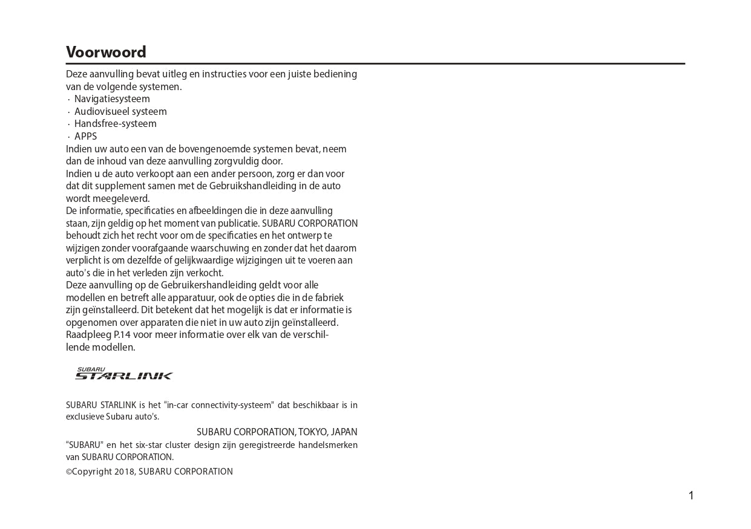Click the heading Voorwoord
pyautogui.click(x=106, y=53)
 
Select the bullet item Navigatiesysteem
pyautogui.click(x=112, y=99)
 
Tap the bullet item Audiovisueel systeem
pyautogui.click(x=120, y=112)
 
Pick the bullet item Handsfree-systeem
pyautogui.click(x=115, y=124)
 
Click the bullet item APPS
pyautogui.click(x=85, y=137)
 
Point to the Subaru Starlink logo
pyautogui.click(x=123, y=374)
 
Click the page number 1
pyautogui.click(x=691, y=496)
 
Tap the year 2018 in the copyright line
pyautogui.click(x=125, y=472)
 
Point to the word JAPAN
pyautogui.click(x=344, y=432)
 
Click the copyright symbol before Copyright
pyautogui.click(x=69, y=472)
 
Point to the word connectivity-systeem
pyautogui.click(x=233, y=405)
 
